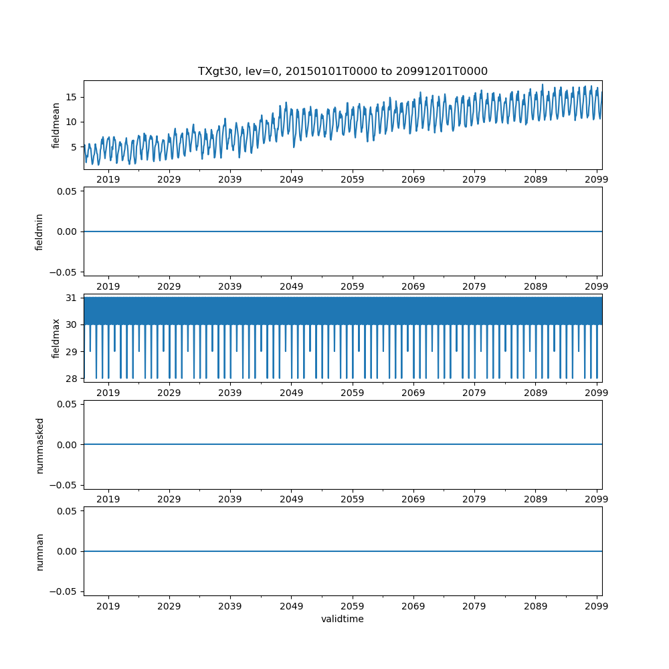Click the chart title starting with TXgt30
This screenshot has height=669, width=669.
point(343,71)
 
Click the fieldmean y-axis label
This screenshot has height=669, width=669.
point(56,125)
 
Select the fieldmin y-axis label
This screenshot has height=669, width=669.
point(39,231)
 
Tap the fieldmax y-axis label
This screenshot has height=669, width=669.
point(56,338)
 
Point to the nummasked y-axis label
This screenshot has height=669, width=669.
point(39,445)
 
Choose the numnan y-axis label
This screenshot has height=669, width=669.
point(39,551)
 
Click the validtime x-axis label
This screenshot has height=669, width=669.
point(343,619)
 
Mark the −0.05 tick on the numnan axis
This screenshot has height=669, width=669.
point(64,591)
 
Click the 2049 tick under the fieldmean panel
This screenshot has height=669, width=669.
point(291,179)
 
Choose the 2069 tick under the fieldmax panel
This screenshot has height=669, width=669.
point(413,393)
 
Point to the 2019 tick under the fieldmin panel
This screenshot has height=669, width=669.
point(108,286)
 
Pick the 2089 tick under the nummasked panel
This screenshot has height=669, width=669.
point(535,500)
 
